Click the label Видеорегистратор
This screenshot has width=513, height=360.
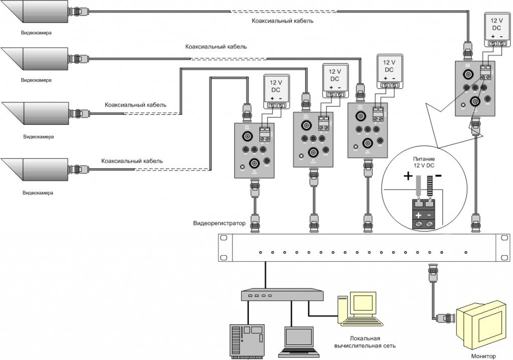coord(219,223)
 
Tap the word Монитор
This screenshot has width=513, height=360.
coord(484,355)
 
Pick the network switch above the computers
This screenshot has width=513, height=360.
coord(282,294)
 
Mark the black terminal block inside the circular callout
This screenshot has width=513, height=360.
coord(423,214)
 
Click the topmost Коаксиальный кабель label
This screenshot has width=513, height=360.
coord(283,22)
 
